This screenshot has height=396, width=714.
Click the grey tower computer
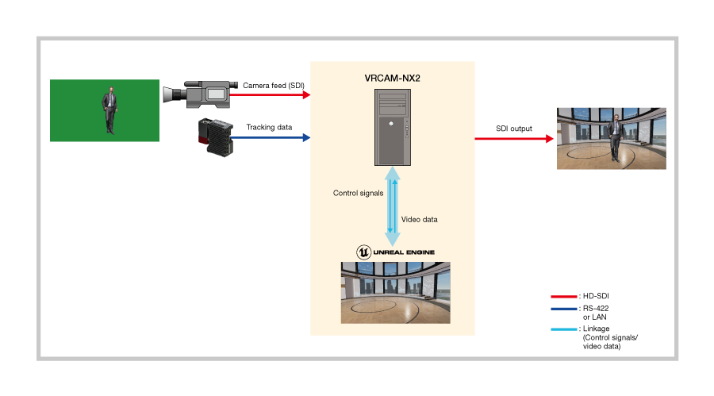point(393,127)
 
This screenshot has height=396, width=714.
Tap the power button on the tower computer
point(391,124)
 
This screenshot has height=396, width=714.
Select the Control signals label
point(358,193)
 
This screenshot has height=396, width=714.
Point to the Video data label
point(419,219)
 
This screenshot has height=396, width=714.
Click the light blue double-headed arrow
point(393,205)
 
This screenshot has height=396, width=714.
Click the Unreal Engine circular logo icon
point(363,252)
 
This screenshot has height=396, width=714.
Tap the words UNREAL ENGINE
point(404,252)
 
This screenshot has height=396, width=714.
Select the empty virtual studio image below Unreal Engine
point(395,292)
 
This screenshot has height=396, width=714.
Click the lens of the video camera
point(169,94)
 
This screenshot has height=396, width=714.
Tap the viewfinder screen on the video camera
point(216,94)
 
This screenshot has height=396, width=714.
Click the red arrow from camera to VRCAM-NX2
point(270,94)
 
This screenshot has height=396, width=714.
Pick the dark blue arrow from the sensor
point(270,137)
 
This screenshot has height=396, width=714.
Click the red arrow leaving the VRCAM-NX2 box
point(514,139)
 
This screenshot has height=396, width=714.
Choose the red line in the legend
point(563,297)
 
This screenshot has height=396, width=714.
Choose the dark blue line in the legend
point(563,309)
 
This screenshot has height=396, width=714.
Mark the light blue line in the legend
point(563,329)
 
